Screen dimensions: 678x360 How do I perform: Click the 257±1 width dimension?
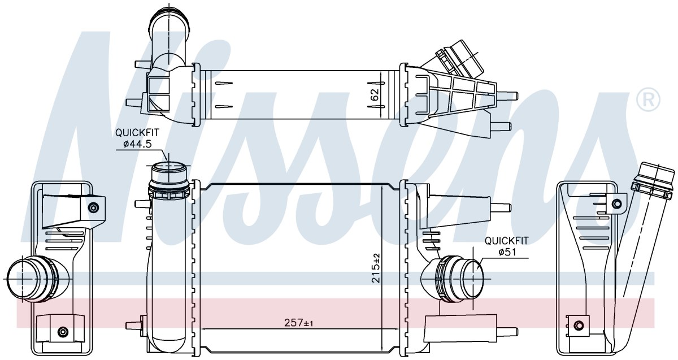298,323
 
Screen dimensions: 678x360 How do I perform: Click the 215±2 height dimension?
376,268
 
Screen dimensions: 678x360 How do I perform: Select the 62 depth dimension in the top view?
375,94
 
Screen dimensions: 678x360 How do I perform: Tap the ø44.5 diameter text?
137,144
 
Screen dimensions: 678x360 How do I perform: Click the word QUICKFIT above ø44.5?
137,133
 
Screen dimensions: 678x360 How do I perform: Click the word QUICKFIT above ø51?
507,241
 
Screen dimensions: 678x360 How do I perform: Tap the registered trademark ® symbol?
648,100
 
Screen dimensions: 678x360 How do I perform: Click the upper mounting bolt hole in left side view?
93,208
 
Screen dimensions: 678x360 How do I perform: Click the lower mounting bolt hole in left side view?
63,331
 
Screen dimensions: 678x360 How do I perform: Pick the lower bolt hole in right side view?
579,326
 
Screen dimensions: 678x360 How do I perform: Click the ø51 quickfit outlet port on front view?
459,279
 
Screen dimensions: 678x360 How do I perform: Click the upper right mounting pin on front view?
501,208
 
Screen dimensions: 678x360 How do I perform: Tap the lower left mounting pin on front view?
134,325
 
